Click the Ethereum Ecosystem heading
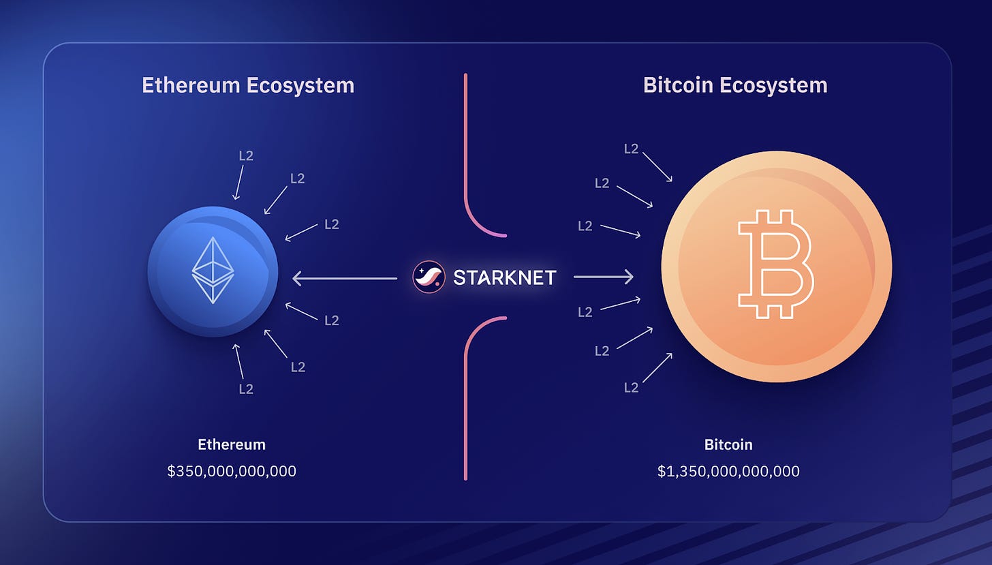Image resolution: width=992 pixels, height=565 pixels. (248, 85)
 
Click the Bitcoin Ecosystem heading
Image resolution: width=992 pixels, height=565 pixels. (735, 85)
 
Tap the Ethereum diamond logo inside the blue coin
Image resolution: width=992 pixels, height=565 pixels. (213, 271)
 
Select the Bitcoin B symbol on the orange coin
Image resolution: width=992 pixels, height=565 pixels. (776, 264)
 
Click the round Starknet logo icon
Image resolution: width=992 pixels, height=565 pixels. (429, 277)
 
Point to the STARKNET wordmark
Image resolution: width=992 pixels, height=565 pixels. (505, 278)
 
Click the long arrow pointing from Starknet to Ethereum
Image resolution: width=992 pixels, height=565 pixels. (345, 278)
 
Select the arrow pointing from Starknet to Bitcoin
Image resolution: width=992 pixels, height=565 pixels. (604, 277)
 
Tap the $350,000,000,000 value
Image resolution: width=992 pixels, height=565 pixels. (232, 471)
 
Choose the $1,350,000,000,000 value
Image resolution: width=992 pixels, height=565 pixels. (728, 471)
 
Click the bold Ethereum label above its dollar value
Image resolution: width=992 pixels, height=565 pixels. (232, 444)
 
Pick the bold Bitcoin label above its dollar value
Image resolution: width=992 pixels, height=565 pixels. (728, 444)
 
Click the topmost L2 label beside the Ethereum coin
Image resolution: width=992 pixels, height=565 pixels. (246, 155)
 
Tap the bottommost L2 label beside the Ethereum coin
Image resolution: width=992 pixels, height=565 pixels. (246, 389)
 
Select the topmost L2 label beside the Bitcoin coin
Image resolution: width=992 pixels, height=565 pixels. (631, 149)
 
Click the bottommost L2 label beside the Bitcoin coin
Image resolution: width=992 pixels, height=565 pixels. (631, 388)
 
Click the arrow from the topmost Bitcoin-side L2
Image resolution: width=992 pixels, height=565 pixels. (657, 167)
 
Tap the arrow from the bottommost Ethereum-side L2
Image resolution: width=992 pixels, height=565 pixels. (238, 361)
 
